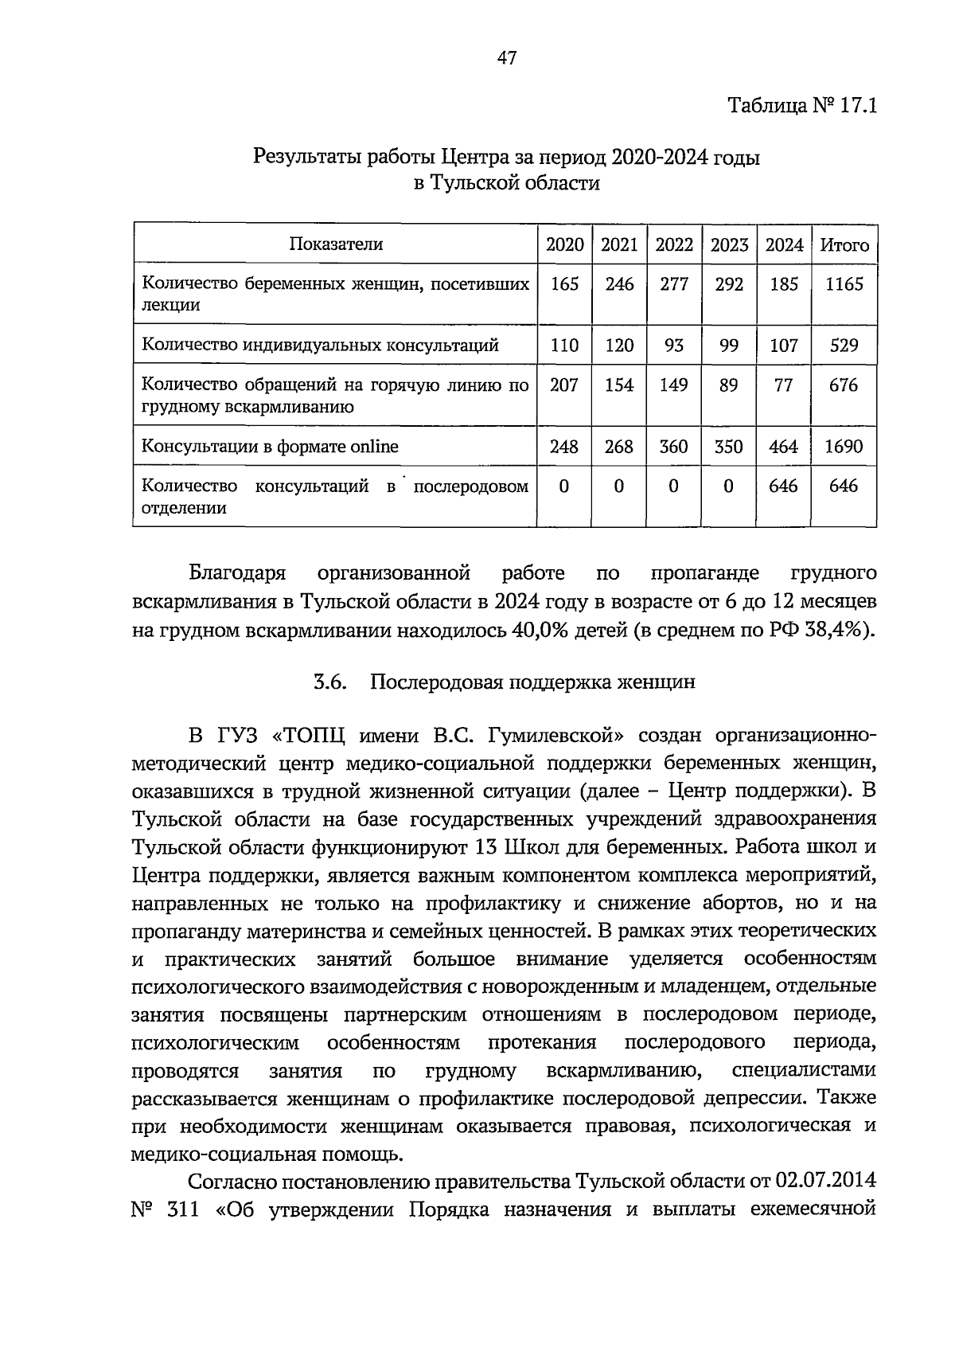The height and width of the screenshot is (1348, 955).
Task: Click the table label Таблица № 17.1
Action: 801,107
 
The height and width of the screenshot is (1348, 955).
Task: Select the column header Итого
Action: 844,245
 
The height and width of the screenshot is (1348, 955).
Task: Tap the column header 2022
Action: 674,245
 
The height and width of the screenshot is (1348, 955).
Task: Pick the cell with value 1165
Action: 844,284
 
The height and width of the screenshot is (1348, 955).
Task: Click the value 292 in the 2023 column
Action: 728,284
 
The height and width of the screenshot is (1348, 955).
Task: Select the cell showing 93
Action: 674,346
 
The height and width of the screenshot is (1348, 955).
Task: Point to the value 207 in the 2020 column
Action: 563,385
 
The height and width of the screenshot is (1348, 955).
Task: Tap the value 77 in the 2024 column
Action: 783,385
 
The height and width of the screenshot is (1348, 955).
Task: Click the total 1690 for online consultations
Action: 844,447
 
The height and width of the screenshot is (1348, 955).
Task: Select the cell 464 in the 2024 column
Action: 783,447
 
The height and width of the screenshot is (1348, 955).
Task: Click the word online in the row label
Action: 372,447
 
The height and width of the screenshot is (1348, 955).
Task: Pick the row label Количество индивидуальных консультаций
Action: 320,346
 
